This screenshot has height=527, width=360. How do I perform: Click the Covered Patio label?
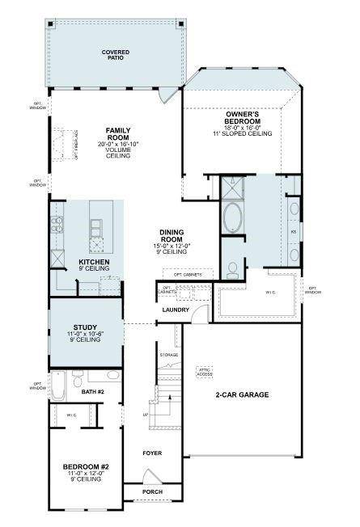(116, 56)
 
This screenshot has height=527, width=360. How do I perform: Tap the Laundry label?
(176, 310)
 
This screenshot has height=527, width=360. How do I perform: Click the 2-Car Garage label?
(242, 394)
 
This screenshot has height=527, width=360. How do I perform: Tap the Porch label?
(152, 491)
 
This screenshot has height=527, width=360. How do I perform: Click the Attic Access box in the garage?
(205, 372)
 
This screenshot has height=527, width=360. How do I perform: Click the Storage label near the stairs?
(168, 355)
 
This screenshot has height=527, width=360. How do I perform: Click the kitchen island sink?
(97, 224)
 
